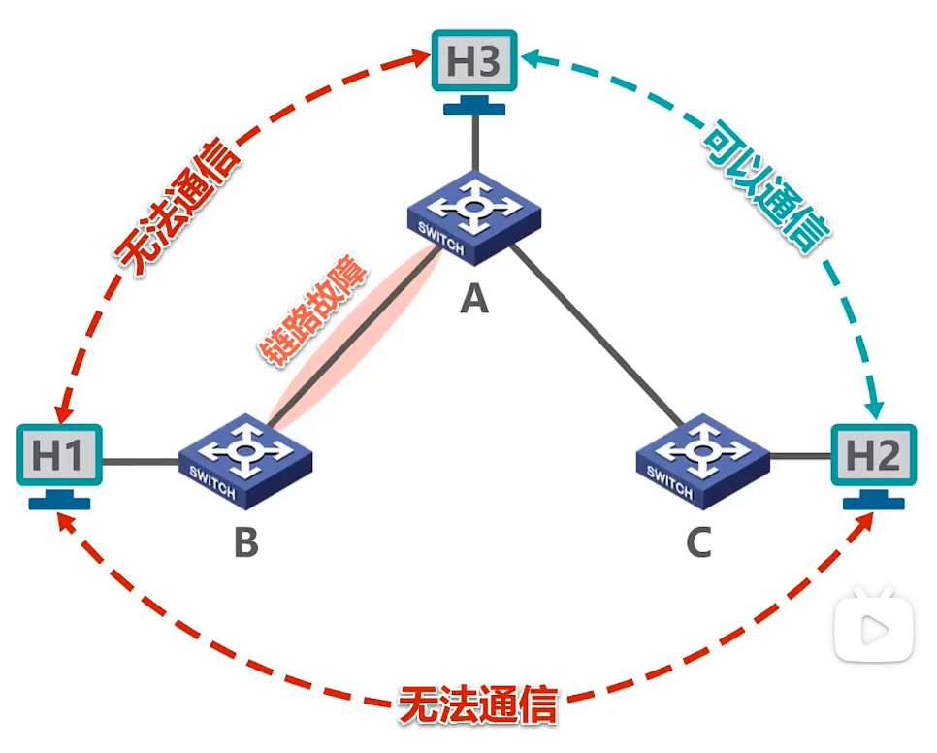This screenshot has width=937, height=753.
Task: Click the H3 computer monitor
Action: (474, 72)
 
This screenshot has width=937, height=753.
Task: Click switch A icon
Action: (474, 217)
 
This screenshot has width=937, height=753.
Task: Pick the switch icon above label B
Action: (245, 461)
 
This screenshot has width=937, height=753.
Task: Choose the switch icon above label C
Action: (702, 461)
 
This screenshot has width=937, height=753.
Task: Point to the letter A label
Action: (474, 299)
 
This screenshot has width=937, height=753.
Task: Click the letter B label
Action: (246, 542)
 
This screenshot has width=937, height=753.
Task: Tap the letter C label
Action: (699, 542)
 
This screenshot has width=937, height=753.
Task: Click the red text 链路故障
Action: (312, 311)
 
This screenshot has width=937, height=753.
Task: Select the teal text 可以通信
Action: (766, 187)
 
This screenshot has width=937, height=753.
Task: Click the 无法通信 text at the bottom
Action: (478, 705)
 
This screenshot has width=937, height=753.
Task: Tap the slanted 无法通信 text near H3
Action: (178, 207)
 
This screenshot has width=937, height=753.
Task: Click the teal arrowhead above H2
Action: (875, 409)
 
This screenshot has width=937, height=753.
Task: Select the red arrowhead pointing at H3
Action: (418, 58)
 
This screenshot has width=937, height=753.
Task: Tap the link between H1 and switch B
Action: (141, 461)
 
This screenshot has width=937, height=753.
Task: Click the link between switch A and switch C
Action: (598, 337)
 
